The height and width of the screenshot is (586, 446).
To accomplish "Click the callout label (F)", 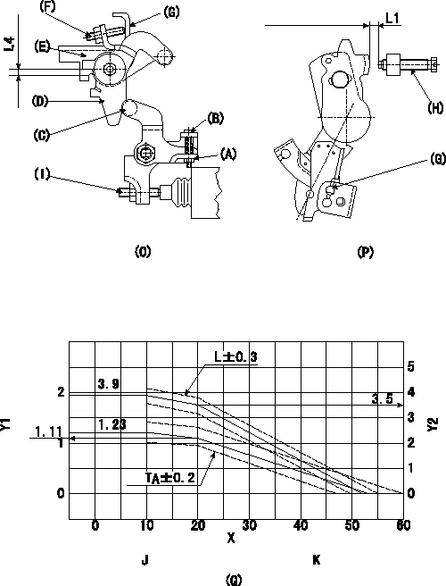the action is [x=47, y=7].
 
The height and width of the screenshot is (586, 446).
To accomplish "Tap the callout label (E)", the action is [x=42, y=46].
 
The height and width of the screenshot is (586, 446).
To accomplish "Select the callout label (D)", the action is [x=40, y=101].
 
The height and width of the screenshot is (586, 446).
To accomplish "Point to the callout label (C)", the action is [x=41, y=135].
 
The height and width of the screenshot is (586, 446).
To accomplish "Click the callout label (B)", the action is [x=215, y=119].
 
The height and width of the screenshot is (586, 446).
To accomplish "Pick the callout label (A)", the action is [x=228, y=154].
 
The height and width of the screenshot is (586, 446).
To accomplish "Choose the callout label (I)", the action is [x=42, y=174].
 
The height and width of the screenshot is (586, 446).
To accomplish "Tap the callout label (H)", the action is [x=435, y=108].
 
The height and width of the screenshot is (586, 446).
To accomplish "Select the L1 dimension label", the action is [x=392, y=18].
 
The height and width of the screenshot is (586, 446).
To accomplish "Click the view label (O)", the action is [x=142, y=252].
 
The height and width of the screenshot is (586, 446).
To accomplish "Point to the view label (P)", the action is [x=365, y=252].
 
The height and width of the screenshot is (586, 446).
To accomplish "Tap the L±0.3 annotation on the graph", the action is [x=235, y=357].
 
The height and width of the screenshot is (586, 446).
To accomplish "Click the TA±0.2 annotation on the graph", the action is [x=170, y=478].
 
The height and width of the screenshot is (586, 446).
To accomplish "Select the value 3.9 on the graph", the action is [x=109, y=384].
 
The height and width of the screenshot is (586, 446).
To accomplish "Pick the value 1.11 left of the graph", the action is [x=48, y=431].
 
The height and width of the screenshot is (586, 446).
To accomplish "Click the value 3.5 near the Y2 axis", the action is [x=382, y=399].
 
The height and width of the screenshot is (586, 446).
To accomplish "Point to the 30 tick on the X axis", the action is [x=249, y=525].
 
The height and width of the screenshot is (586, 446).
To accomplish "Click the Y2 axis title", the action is [x=433, y=424].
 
